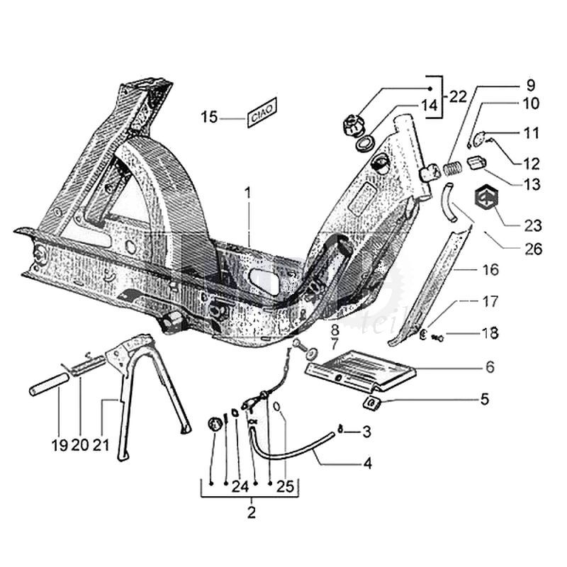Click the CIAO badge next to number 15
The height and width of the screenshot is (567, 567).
(262, 113)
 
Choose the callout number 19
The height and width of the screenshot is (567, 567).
(59, 445)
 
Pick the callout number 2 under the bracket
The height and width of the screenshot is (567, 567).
(252, 512)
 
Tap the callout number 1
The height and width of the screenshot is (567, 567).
(249, 192)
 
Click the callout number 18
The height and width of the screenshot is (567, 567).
(490, 332)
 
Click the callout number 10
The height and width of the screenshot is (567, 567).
(532, 104)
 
